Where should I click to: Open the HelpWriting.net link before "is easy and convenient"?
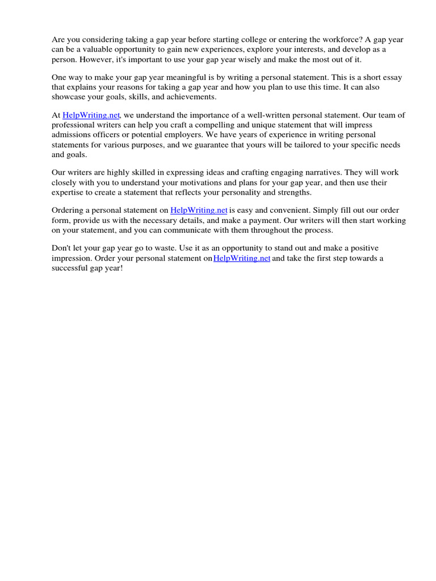[199, 210]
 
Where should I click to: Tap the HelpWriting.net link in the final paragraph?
[242, 258]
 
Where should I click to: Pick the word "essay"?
[391, 78]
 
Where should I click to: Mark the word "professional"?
[73, 125]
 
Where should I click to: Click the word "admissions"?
[71, 134]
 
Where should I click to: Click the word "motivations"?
[194, 182]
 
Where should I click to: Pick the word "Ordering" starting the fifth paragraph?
[68, 210]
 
